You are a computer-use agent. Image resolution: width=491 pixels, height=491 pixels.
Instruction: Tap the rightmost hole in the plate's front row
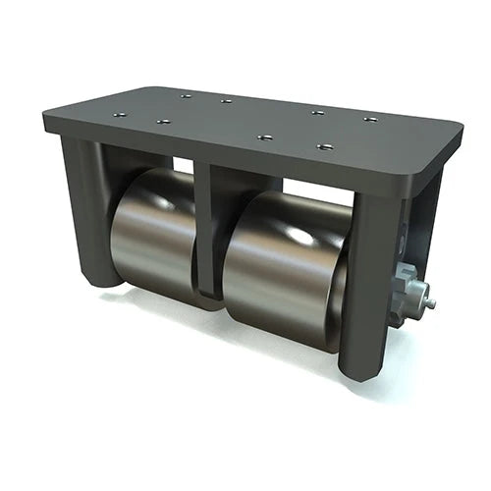point(325,147)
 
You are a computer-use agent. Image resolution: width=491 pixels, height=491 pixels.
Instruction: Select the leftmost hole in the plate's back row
point(185,95)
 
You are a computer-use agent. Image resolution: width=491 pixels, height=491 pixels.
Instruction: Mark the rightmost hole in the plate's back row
point(370,120)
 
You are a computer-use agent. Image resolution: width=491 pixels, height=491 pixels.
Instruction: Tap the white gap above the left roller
point(183,165)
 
